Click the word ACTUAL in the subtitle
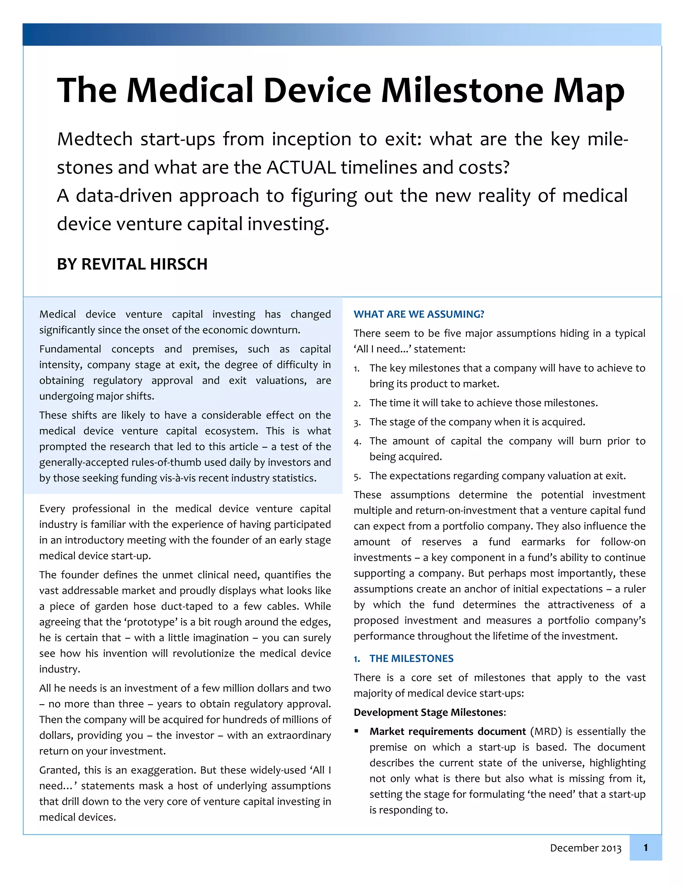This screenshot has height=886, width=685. point(301,168)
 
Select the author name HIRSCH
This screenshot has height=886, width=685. point(179,264)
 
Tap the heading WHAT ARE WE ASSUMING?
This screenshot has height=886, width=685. point(419,314)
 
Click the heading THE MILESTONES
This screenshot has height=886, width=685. point(411,658)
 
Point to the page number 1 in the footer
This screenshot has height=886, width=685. point(645,848)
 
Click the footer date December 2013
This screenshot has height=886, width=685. point(585,848)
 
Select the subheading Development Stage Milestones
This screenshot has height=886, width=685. point(429,712)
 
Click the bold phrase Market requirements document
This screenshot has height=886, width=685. point(447,732)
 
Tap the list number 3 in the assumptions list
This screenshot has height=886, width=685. point(356,423)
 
